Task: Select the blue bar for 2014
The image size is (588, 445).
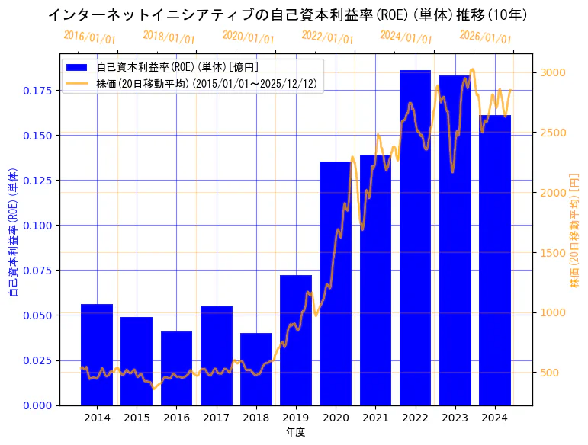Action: [97, 354]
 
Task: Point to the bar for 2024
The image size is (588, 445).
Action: [495, 260]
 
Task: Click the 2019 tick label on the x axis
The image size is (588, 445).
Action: [296, 418]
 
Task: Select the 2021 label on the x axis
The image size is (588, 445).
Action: [375, 418]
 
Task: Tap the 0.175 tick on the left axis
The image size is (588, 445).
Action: [39, 91]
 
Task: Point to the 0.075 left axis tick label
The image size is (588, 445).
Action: [39, 271]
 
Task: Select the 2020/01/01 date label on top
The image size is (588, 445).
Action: [248, 37]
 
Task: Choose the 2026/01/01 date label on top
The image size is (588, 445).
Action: [485, 37]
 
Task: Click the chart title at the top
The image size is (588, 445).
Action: [288, 14]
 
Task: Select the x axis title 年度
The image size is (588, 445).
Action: [296, 432]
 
